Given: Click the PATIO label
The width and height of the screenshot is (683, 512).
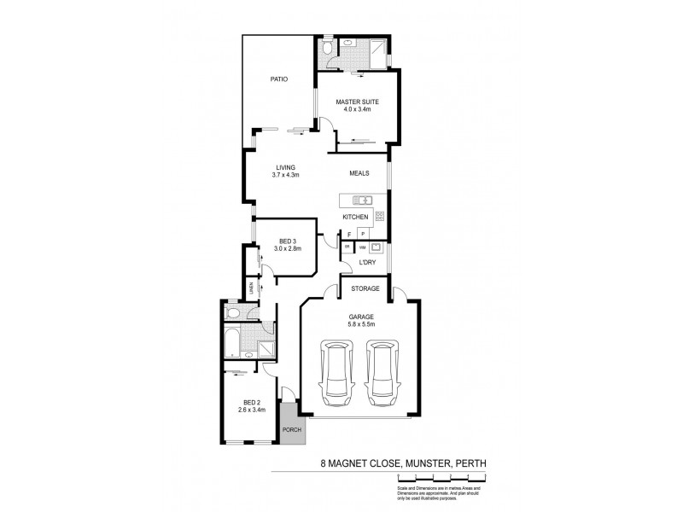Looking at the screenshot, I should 279,79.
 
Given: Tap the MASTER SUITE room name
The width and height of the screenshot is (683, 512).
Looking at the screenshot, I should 357,102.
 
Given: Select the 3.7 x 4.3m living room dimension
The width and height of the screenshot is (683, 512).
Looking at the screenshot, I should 286,175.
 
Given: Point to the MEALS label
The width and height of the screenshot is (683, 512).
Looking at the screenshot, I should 359,174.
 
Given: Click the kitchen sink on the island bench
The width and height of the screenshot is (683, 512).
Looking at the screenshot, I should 359,201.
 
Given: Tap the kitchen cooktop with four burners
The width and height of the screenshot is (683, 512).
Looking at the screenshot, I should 381,216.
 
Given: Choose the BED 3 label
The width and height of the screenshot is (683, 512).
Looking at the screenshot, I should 287,241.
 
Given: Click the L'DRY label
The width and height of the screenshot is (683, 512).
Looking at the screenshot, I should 366,263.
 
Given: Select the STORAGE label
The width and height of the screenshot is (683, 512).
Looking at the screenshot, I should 365,288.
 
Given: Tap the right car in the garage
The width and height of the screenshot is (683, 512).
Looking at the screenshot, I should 382,374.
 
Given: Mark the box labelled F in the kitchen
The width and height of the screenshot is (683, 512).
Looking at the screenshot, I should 349,233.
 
